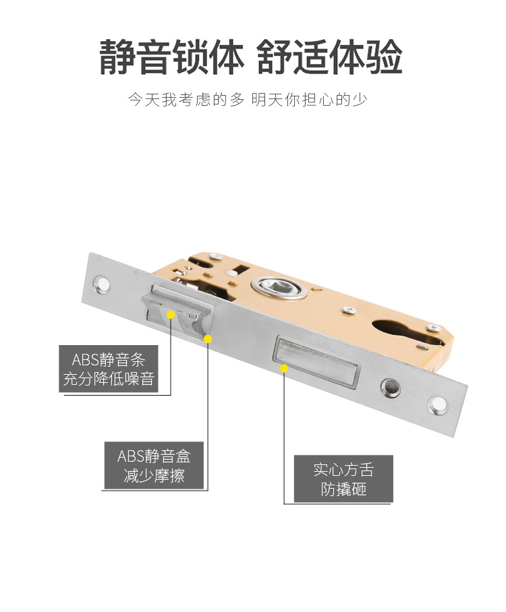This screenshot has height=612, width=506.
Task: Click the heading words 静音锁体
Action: [x=171, y=57]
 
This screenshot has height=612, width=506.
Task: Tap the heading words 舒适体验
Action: [x=331, y=57]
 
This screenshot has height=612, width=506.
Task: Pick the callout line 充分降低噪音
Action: [x=109, y=379]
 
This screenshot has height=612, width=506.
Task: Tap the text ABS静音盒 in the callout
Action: [x=154, y=456]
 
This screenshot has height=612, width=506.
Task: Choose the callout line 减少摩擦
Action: [x=154, y=477]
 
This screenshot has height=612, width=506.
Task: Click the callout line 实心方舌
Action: [x=343, y=469]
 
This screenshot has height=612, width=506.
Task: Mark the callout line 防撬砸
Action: [x=343, y=489]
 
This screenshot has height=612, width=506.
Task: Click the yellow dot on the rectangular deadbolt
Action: [x=285, y=369]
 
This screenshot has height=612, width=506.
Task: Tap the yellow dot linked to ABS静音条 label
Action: [x=171, y=315]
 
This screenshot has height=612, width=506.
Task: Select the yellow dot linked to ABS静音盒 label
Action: [x=208, y=338]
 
